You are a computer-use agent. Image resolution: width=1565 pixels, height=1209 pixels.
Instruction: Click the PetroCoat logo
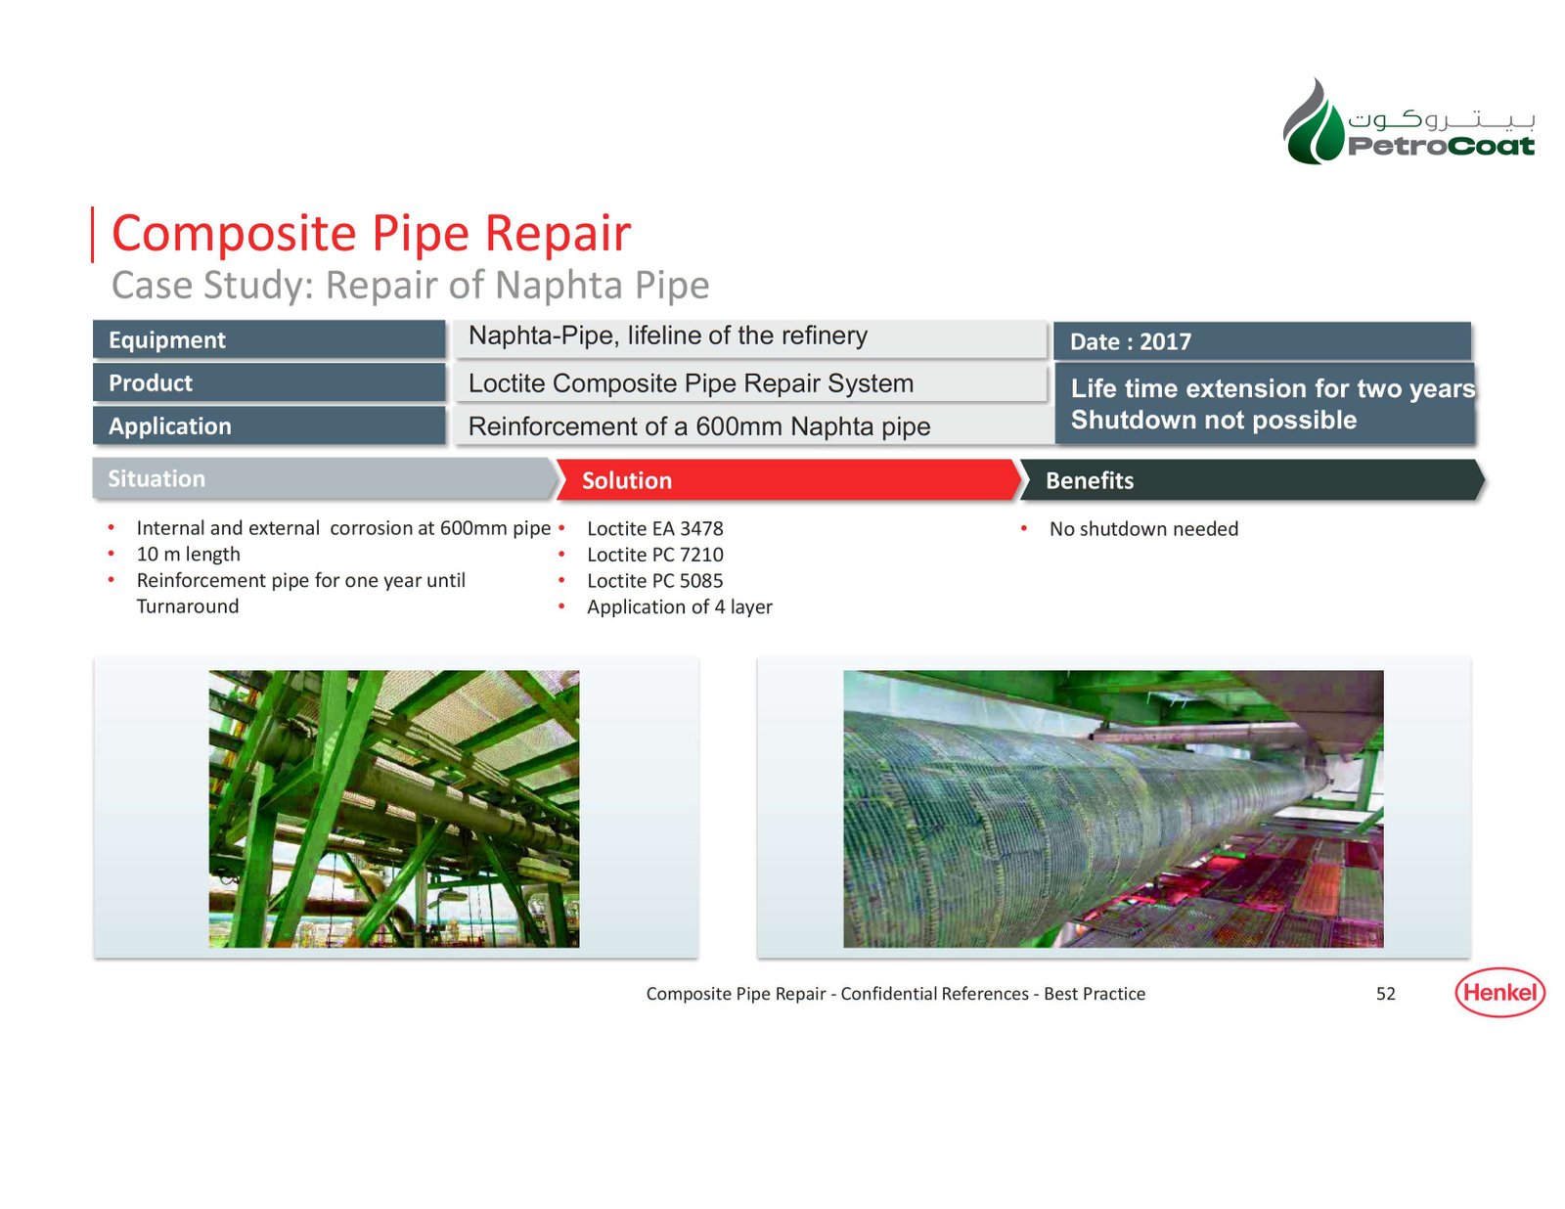[x=1408, y=121]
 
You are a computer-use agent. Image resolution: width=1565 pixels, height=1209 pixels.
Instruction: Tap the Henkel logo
[x=1499, y=992]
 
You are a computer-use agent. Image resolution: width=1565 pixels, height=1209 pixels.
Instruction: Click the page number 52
[x=1385, y=994]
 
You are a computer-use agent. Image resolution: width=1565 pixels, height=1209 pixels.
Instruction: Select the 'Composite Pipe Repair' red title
[x=371, y=234]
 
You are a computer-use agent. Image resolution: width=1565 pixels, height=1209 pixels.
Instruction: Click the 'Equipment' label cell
[x=269, y=339]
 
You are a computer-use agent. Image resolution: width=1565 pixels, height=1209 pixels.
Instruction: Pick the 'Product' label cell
[x=269, y=382]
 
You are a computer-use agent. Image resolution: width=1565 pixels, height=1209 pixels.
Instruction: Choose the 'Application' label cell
[x=269, y=425]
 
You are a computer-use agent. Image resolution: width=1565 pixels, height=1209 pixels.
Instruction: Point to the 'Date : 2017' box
[x=1262, y=340]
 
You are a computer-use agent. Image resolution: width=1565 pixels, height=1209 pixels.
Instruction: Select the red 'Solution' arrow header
[x=788, y=479]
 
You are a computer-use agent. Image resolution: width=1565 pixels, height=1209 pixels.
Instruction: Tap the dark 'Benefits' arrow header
[x=1252, y=479]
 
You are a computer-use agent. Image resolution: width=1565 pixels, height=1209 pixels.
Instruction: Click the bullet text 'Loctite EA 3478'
[x=654, y=528]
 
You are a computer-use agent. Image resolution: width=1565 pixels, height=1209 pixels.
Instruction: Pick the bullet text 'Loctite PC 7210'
[x=654, y=555]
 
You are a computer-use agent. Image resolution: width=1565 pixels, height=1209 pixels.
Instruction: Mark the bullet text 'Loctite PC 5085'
[x=654, y=580]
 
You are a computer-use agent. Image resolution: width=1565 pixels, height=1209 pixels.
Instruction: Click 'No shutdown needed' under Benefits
[x=1143, y=528]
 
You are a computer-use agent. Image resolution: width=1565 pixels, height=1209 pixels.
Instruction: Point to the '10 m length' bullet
[x=188, y=555]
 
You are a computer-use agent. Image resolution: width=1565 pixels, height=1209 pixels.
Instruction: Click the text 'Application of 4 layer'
[x=679, y=607]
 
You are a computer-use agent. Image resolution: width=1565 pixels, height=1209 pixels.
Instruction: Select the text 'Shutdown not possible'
[x=1214, y=419]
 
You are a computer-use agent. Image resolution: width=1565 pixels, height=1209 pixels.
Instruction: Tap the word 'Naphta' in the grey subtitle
[x=560, y=286]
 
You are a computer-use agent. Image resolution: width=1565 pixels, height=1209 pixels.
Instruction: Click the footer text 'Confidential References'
[x=935, y=994]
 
